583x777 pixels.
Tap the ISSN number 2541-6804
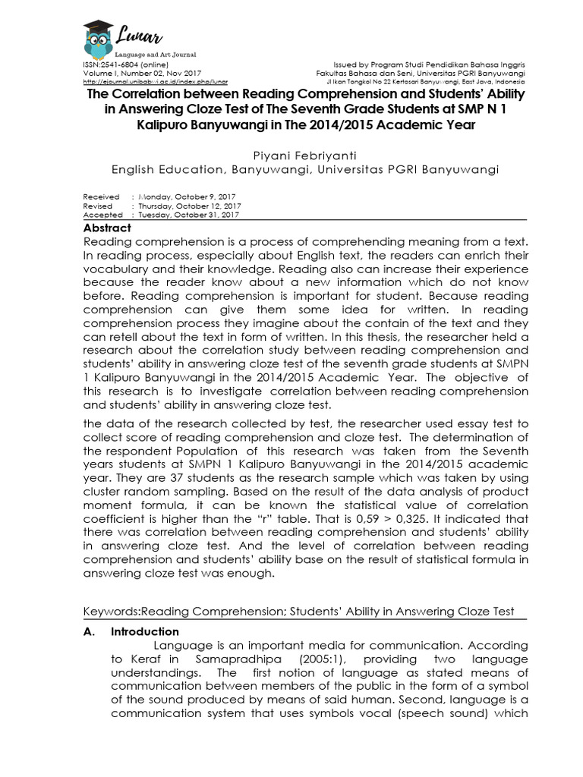(x=115, y=65)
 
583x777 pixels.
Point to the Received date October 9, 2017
(x=186, y=197)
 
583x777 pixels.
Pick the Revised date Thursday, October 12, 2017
(x=188, y=206)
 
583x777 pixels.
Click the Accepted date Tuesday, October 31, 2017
(x=187, y=215)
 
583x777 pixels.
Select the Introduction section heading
(x=145, y=631)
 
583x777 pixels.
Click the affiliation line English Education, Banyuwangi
(x=304, y=170)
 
